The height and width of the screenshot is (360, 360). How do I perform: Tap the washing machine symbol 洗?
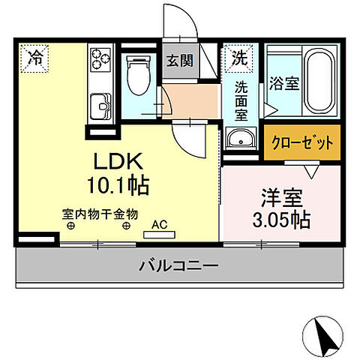[238, 55]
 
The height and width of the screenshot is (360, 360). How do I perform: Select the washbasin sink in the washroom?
[240, 138]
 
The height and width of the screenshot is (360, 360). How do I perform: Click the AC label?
[159, 223]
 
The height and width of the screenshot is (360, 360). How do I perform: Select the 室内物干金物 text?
[100, 213]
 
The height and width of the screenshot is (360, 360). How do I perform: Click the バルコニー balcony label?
[178, 265]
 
